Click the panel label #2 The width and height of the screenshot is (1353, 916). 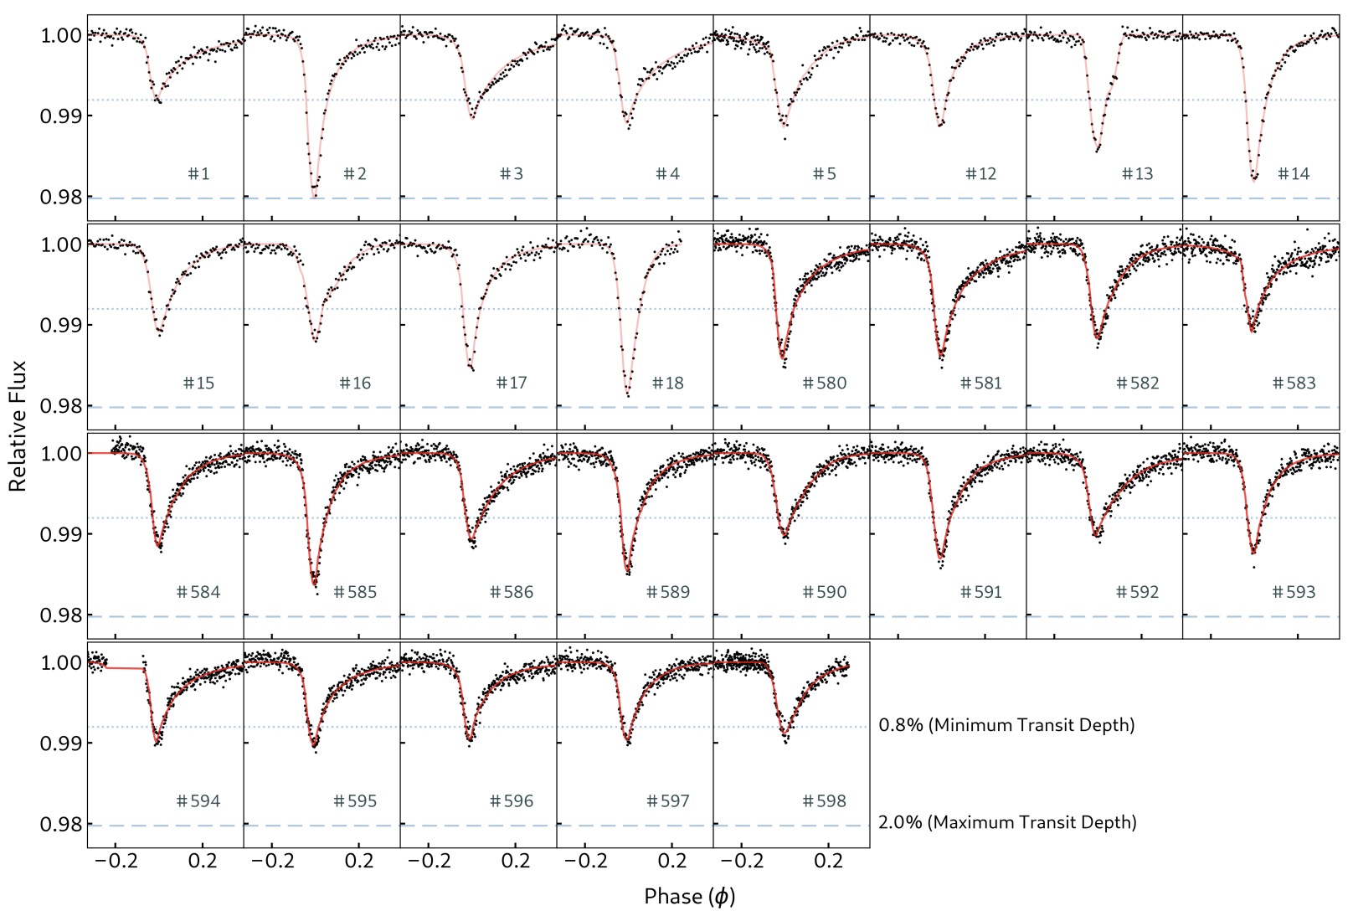tap(355, 174)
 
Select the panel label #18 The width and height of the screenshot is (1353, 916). tap(669, 383)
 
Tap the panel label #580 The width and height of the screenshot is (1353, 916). tap(825, 383)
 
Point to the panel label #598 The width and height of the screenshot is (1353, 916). tap(825, 801)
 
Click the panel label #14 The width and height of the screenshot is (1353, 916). tap(1294, 174)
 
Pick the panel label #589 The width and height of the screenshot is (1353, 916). tap(668, 593)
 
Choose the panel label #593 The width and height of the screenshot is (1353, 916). tap(1294, 593)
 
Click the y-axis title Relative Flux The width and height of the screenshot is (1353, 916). tap(18, 426)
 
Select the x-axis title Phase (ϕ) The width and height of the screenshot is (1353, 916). tap(689, 897)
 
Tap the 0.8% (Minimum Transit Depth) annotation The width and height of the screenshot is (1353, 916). tap(1006, 725)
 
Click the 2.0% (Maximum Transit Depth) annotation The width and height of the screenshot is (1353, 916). tap(1007, 822)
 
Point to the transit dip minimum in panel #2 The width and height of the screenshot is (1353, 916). tap(314, 196)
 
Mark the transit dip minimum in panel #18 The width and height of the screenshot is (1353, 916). tap(627, 394)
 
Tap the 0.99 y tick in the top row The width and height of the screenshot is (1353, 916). tap(61, 116)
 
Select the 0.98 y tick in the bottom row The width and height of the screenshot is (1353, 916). tap(61, 825)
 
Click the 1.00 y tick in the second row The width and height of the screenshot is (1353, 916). tap(61, 244)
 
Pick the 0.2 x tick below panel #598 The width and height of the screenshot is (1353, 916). tap(828, 862)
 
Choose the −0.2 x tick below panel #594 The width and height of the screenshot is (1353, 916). tap(115, 862)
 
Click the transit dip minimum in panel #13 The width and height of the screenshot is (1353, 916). tap(1097, 151)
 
